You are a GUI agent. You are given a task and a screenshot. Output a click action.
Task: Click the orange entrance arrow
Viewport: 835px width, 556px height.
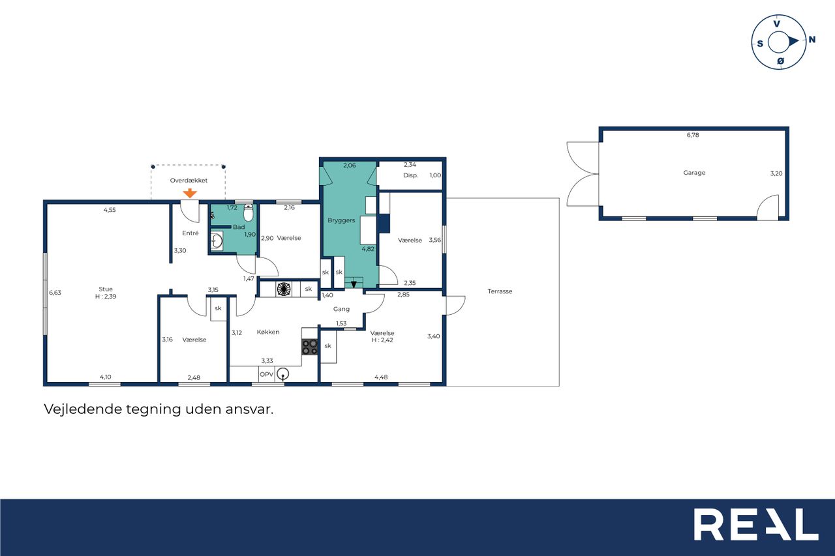[190, 193]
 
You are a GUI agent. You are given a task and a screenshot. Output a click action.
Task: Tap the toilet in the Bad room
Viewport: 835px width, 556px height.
[249, 212]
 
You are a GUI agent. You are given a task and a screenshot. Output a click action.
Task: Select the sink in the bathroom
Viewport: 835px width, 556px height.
[217, 241]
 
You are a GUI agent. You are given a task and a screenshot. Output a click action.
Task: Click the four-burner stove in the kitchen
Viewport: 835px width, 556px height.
[309, 347]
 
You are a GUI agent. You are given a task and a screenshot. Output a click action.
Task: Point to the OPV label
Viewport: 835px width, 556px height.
[267, 374]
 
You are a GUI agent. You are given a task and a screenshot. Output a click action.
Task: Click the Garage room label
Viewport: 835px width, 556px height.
[694, 173]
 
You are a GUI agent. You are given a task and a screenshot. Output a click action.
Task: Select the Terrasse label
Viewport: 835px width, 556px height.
[500, 291]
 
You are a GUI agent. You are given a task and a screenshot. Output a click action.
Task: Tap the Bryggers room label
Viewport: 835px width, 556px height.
[341, 220]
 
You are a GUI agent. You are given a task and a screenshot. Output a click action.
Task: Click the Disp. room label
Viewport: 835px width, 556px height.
[410, 175]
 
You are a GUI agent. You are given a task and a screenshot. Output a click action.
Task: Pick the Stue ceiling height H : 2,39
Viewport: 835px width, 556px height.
[106, 297]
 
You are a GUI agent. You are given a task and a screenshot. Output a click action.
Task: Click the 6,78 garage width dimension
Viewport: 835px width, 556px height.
[693, 135]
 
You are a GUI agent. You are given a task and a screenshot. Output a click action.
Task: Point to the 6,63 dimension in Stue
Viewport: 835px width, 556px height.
[55, 293]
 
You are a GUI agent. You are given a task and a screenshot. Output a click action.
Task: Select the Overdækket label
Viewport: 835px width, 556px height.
[189, 181]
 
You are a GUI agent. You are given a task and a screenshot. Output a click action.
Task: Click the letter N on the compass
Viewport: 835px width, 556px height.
[812, 39]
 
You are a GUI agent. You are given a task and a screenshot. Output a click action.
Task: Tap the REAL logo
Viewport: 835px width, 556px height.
[756, 524]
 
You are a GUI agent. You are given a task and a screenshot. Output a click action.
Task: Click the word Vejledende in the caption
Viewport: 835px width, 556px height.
[83, 409]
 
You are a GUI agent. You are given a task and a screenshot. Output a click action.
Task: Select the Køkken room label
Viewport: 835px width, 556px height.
[268, 332]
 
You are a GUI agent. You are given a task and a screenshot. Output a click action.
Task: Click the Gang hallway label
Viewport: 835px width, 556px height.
[341, 309]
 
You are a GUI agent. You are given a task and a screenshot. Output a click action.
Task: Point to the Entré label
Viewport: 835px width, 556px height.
[190, 233]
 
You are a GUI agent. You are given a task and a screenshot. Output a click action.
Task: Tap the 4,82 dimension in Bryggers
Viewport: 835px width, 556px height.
[368, 249]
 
